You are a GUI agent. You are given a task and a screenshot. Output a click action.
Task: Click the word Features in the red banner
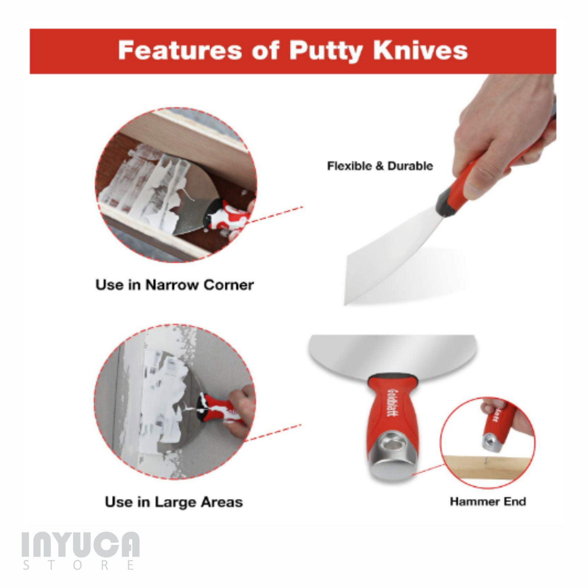coord(179,50)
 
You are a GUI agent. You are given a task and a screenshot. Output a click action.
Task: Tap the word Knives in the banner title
coord(420,50)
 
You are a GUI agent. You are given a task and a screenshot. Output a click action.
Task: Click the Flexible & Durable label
coord(380,166)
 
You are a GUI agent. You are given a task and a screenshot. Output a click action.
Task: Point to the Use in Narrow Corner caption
coord(175,285)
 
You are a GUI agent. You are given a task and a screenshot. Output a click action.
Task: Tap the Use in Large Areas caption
coord(174,502)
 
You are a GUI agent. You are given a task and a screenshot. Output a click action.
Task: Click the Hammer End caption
coord(488,502)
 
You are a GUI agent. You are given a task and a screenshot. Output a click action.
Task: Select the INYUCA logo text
coord(81,545)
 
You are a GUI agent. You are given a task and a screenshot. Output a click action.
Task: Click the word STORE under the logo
coord(78,565)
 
